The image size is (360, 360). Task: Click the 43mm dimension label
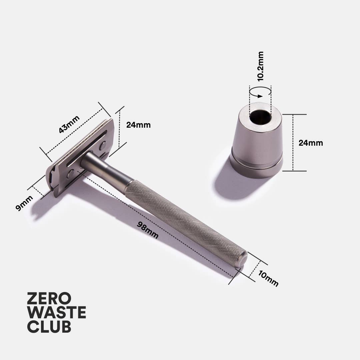[x=69, y=124]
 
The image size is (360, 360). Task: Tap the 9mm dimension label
[x=24, y=203]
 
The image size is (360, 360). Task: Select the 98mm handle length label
[x=148, y=230]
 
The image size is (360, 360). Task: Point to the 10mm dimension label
[x=268, y=278]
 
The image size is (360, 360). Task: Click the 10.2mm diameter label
[x=260, y=66]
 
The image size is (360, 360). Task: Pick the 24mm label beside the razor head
[x=138, y=125]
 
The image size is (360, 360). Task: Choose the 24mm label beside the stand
[x=311, y=143]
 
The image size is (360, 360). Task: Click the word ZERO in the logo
[x=49, y=298]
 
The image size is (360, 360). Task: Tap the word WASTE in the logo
[x=56, y=312]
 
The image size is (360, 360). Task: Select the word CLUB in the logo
[x=49, y=326]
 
